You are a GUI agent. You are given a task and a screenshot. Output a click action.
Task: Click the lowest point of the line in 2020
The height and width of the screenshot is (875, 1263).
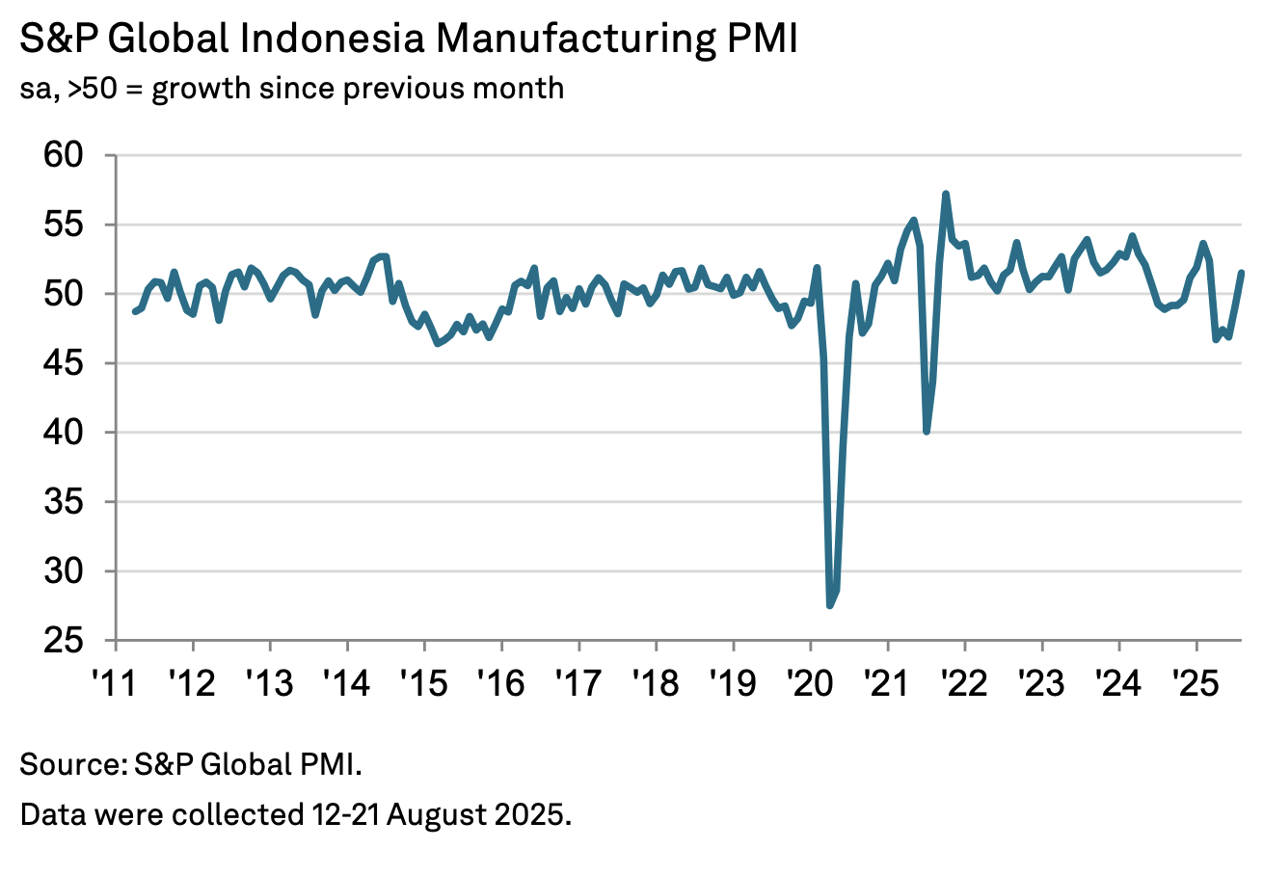pyautogui.click(x=829, y=605)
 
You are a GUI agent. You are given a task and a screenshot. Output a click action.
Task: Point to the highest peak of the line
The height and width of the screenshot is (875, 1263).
pyautogui.click(x=946, y=194)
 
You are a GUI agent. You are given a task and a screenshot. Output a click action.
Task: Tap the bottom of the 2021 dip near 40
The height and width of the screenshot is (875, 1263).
pyautogui.click(x=927, y=431)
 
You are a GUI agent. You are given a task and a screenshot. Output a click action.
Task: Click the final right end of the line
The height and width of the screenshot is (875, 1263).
pyautogui.click(x=1241, y=273)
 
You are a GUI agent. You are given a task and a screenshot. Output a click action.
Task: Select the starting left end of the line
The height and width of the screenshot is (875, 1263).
pyautogui.click(x=134, y=311)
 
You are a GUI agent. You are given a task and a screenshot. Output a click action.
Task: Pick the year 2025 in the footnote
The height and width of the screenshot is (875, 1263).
pyautogui.click(x=536, y=815)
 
